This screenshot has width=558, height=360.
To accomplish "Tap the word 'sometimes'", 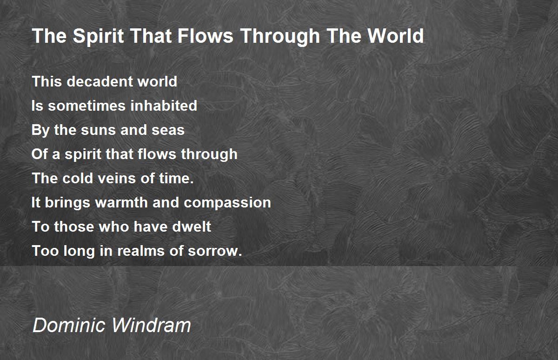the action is point(86,106).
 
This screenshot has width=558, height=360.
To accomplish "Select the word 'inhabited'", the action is point(163,106).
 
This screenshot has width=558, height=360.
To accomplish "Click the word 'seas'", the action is point(168,130).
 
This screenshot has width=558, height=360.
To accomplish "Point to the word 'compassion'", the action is point(227,203).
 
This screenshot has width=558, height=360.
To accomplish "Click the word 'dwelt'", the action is point(192,227).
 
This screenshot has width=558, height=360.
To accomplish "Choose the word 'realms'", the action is point(141,251).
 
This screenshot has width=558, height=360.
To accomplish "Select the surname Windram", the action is point(151,325).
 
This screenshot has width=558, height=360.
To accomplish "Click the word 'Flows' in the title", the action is point(206,36).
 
